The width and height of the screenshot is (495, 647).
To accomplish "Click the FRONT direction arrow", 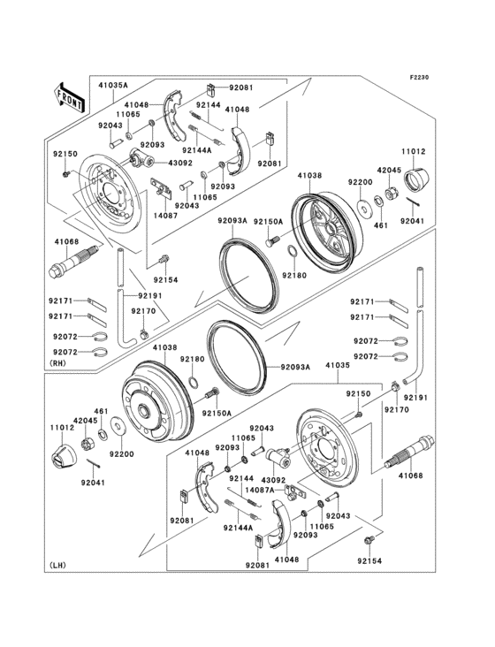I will coord(70,95).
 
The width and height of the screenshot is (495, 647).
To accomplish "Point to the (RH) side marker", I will coord(61,363).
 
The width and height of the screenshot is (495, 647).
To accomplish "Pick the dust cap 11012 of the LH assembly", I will coord(65,457).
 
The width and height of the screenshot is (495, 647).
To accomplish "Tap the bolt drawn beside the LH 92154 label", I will coord(370,539).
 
